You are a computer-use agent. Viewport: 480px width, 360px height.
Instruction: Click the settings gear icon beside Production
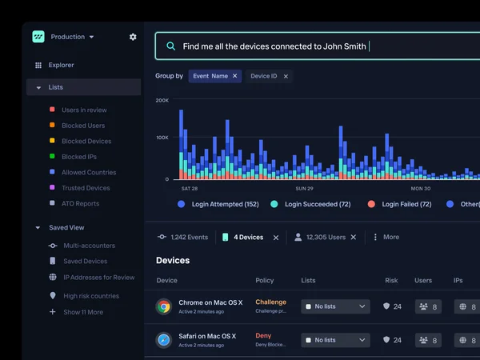pyautogui.click(x=133, y=37)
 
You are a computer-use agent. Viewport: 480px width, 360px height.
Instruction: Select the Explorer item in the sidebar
pyautogui.click(x=61, y=65)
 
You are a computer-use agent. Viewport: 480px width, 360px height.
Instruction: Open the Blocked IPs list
pyautogui.click(x=79, y=157)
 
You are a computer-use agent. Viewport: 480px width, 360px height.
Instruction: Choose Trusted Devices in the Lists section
pyautogui.click(x=86, y=188)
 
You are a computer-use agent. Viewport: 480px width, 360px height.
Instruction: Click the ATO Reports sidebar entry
pyautogui.click(x=80, y=203)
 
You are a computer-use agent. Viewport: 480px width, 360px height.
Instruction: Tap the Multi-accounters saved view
pyautogui.click(x=89, y=246)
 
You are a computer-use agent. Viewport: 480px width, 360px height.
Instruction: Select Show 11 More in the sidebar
pyautogui.click(x=83, y=312)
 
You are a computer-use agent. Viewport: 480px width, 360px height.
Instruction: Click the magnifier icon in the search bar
pyautogui.click(x=170, y=46)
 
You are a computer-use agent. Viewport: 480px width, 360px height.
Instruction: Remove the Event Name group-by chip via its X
pyautogui.click(x=235, y=76)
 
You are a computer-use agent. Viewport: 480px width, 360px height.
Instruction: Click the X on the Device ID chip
pyautogui.click(x=286, y=76)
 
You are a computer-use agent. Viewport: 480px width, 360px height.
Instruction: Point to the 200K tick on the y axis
pyautogui.click(x=162, y=101)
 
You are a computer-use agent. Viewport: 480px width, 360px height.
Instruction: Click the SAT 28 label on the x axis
pyautogui.click(x=190, y=189)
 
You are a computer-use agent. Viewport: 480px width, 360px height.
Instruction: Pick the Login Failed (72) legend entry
pyautogui.click(x=406, y=204)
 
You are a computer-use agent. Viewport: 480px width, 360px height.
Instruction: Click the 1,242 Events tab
pyautogui.click(x=185, y=238)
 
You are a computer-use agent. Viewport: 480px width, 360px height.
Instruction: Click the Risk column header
pyautogui.click(x=391, y=281)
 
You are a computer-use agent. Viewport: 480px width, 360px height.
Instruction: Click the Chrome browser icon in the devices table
pyautogui.click(x=164, y=306)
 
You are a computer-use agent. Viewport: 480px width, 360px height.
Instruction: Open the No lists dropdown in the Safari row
pyautogui.click(x=336, y=340)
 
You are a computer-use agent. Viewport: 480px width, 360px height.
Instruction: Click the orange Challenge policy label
pyautogui.click(x=270, y=302)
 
